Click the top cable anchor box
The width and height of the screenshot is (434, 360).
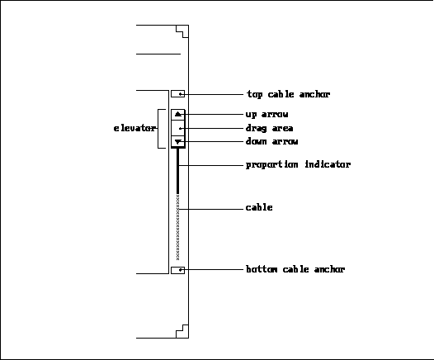pyautogui.click(x=177, y=94)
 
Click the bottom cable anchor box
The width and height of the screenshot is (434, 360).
pyautogui.click(x=177, y=270)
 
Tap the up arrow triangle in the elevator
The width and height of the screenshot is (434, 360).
pyautogui.click(x=178, y=114)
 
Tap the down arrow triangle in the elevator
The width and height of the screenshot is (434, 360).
pyautogui.click(x=178, y=142)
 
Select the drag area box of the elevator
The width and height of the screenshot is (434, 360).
pyautogui.click(x=178, y=128)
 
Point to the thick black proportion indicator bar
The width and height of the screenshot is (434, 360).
pyautogui.click(x=177, y=171)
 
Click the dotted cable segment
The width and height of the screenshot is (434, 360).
pyautogui.click(x=177, y=227)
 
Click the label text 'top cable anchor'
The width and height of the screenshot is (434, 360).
pyautogui.click(x=288, y=94)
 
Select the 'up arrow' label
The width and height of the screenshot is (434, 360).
pyautogui.click(x=267, y=114)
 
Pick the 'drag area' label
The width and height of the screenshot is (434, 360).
pyautogui.click(x=269, y=128)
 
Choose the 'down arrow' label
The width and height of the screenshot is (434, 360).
pyautogui.click(x=271, y=141)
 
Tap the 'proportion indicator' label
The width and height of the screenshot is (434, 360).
pyautogui.click(x=298, y=164)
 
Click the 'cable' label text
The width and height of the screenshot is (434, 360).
pyautogui.click(x=259, y=207)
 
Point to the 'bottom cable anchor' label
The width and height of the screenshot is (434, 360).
pyautogui.click(x=295, y=269)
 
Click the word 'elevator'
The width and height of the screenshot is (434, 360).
pyautogui.click(x=134, y=128)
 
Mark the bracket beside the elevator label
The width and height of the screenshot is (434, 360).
pyautogui.click(x=158, y=129)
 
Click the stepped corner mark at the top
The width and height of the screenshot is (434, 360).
pyautogui.click(x=182, y=31)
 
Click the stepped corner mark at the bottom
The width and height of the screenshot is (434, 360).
pyautogui.click(x=182, y=331)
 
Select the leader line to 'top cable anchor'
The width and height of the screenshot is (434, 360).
pyautogui.click(x=212, y=94)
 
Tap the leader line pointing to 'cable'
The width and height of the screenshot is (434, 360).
pyautogui.click(x=211, y=209)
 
